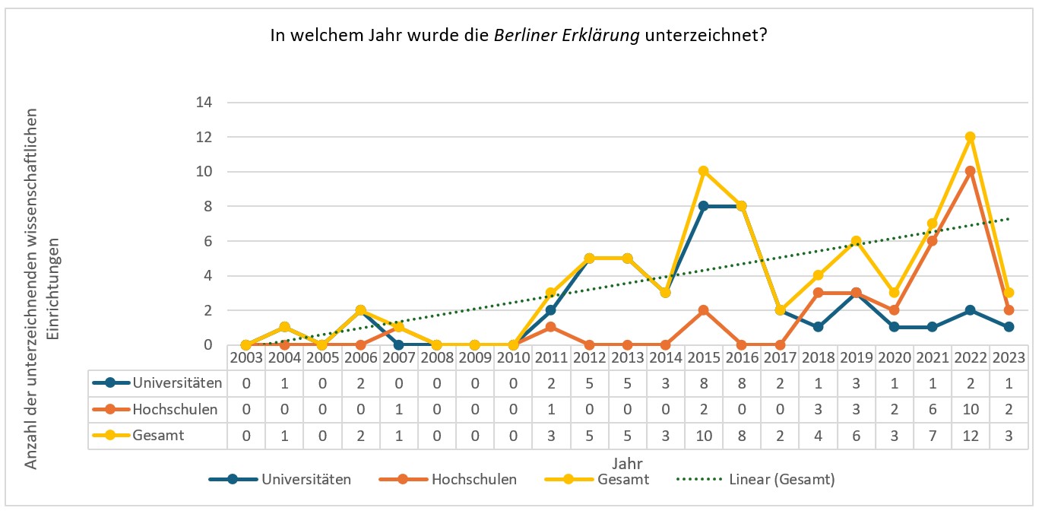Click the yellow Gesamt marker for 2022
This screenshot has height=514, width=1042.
tap(970, 137)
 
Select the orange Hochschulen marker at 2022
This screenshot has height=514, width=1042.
tap(970, 172)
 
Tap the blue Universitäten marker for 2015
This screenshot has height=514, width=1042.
tap(703, 206)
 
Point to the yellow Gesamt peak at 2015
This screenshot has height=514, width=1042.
tap(703, 171)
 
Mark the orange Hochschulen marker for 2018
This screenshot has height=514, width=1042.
tap(818, 293)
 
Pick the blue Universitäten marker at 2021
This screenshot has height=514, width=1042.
tap(932, 327)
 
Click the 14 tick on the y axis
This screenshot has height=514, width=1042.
tap(204, 103)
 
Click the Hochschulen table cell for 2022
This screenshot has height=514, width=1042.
tap(970, 410)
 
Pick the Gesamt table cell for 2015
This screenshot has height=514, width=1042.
tap(703, 436)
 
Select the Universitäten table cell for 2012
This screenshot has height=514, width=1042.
tap(589, 383)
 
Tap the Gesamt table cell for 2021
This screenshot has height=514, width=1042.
tap(932, 436)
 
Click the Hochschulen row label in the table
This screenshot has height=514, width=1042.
tap(175, 410)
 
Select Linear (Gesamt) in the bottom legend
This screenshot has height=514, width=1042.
tap(781, 480)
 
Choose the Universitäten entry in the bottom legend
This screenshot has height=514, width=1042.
tap(306, 480)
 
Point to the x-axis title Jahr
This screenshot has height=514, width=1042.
tap(625, 462)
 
